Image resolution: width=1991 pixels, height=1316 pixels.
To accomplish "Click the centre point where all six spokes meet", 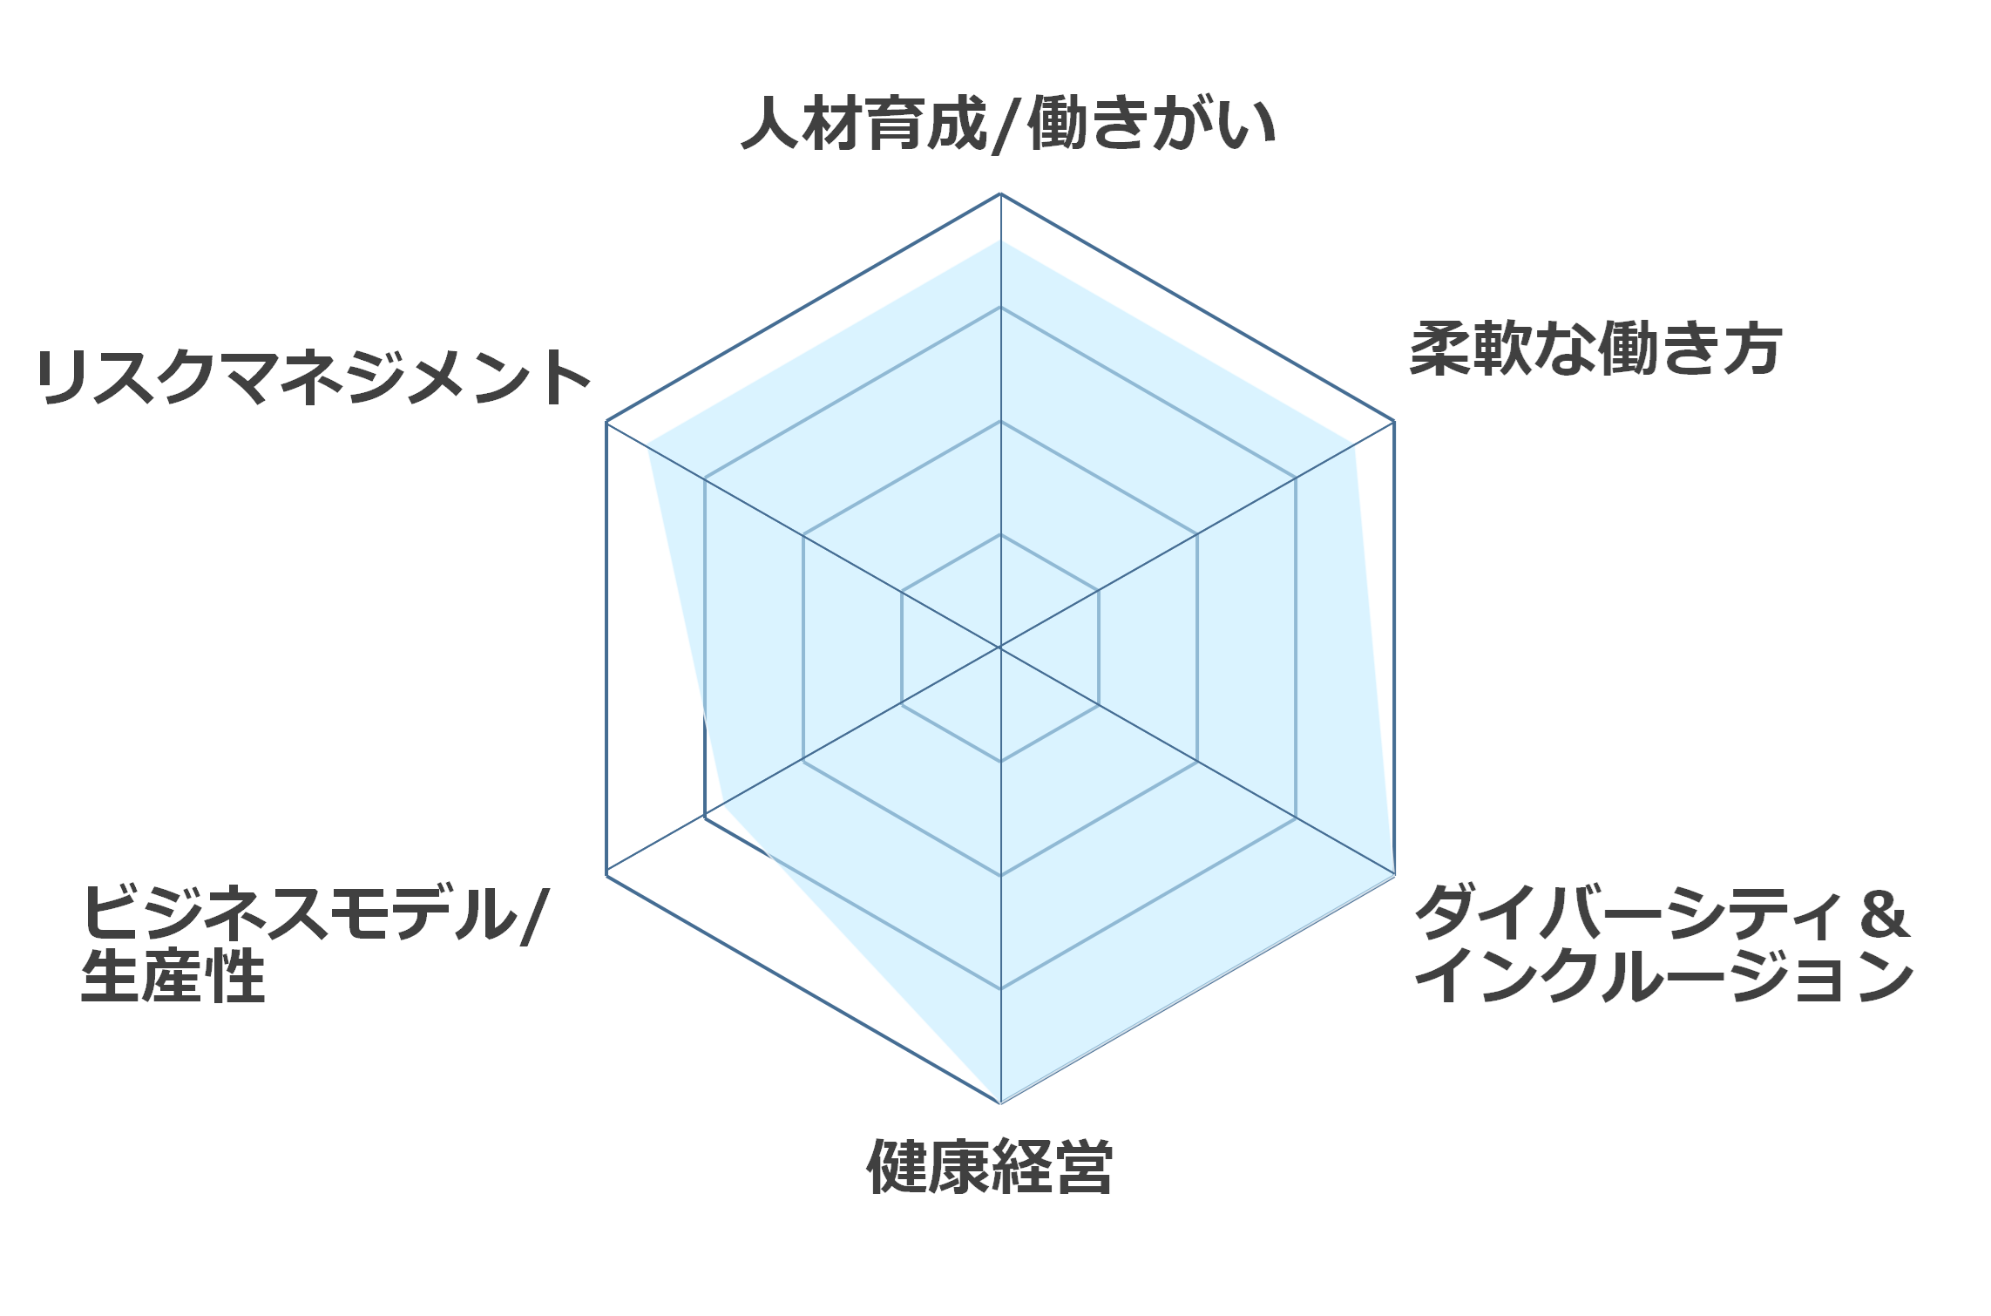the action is click(x=1000, y=648).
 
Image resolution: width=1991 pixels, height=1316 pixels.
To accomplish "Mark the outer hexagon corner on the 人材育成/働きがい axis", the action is click(x=1000, y=193).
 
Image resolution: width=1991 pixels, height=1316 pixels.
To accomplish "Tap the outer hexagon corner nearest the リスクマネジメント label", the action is click(x=606, y=422).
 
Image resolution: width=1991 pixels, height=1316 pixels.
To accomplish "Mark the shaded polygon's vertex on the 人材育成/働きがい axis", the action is click(x=1000, y=241).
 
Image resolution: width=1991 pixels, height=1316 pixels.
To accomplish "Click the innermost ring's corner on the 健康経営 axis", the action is click(x=1000, y=761).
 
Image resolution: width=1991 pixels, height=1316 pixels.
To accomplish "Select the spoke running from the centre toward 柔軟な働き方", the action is click(x=1197, y=534).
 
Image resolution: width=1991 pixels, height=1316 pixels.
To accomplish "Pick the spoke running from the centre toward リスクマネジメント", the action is click(x=803, y=534).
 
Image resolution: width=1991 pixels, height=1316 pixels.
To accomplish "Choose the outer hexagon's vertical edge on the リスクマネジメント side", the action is click(x=606, y=648).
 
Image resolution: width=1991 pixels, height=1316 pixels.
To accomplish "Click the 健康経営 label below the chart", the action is click(x=990, y=1165).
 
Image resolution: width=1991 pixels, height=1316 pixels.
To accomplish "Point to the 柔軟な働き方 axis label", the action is click(x=1595, y=349).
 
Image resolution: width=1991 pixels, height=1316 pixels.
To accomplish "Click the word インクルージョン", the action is click(x=1665, y=977).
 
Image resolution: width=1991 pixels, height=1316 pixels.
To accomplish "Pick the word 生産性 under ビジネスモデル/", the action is click(x=173, y=976).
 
